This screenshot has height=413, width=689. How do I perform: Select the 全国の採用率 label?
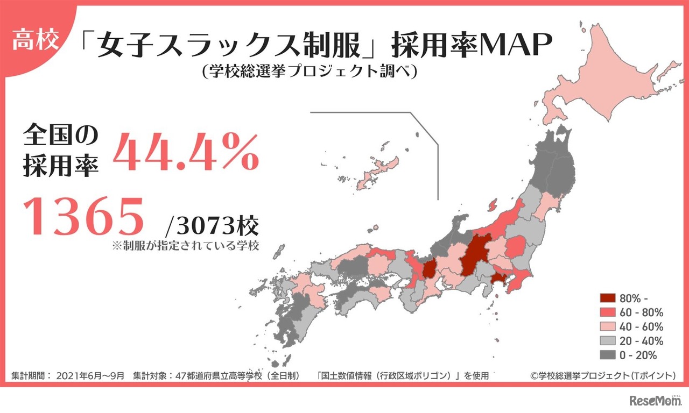pyautogui.click(x=60, y=152)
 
